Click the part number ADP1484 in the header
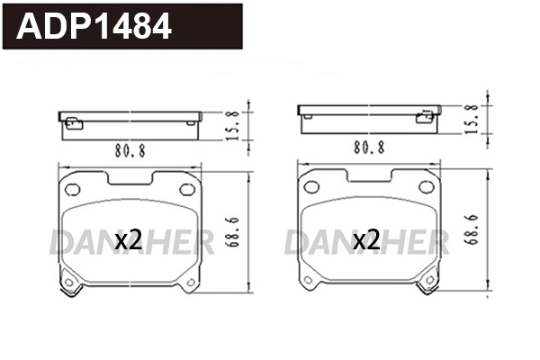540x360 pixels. (x=95, y=27)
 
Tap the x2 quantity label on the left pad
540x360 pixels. (x=130, y=239)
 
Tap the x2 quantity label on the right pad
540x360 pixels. (x=365, y=239)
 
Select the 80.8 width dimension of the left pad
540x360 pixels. (x=130, y=150)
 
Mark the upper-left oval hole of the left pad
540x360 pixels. (x=70, y=188)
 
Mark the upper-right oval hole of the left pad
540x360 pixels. (x=187, y=188)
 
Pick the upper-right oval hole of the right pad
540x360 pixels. (x=427, y=188)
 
